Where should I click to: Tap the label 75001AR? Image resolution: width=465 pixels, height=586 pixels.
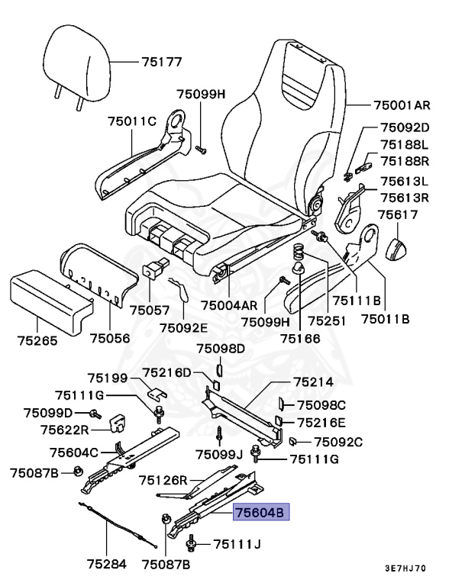(x=402, y=105)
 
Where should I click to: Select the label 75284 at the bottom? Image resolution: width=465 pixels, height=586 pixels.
(x=105, y=565)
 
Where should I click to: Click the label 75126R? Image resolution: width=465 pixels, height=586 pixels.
(x=163, y=480)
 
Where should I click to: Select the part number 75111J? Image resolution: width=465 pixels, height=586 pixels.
(x=237, y=544)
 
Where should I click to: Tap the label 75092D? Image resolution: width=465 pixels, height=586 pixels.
(x=405, y=127)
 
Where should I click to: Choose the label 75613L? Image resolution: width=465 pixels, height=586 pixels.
(x=405, y=182)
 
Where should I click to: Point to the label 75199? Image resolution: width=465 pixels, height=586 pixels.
(x=107, y=377)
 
